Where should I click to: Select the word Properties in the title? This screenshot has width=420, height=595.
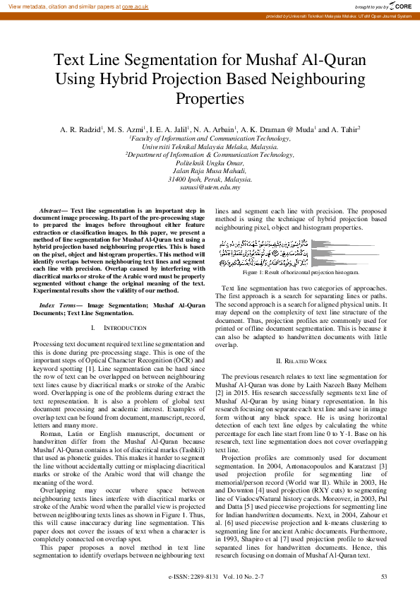point(210,98)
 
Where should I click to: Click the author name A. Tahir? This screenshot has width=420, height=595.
point(345,130)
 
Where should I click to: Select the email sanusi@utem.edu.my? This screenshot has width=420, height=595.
point(210,187)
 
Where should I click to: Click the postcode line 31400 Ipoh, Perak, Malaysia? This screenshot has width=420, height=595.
point(210,179)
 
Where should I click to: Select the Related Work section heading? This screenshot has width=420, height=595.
point(301,361)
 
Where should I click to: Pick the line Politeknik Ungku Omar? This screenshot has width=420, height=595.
point(210,162)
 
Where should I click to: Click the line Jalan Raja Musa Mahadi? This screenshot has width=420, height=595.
point(210,170)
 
